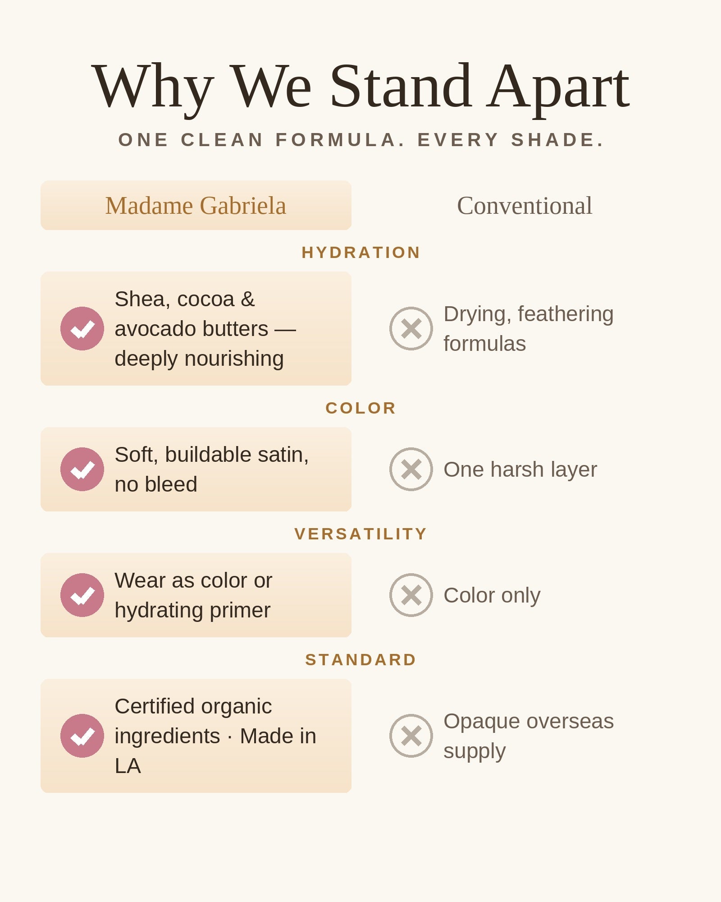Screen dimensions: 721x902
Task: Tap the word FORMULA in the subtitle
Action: tap(340, 140)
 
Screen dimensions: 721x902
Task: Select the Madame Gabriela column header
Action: tap(196, 206)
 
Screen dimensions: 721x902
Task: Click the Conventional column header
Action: tap(525, 206)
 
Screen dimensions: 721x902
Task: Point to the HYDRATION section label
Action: tap(361, 253)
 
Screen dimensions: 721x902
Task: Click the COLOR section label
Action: tap(361, 408)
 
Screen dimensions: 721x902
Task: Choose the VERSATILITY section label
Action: tap(361, 534)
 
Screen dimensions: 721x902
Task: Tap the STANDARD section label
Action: tap(361, 660)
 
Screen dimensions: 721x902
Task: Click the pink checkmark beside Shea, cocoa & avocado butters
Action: tap(82, 329)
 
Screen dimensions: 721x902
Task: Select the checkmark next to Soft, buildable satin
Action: tap(82, 469)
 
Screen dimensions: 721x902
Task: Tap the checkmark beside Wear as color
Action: tap(82, 595)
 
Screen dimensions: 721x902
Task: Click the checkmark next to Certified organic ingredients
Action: tap(82, 736)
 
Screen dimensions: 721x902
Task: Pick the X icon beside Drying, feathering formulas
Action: tap(411, 329)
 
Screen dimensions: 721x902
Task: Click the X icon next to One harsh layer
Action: tap(411, 469)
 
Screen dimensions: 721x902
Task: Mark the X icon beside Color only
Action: tap(411, 595)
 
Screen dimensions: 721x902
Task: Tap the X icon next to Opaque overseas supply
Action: tap(411, 736)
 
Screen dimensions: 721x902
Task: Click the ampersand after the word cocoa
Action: tap(248, 299)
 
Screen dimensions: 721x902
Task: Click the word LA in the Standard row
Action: tap(128, 766)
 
